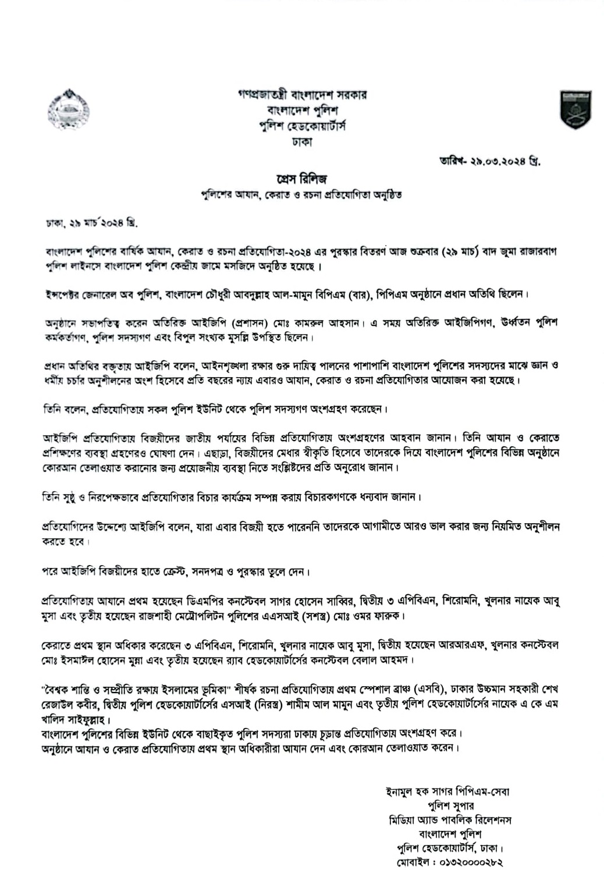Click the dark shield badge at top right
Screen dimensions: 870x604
point(575,109)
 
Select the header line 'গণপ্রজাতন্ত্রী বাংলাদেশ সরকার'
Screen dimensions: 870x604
point(302,94)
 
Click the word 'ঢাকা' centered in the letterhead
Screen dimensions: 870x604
point(302,140)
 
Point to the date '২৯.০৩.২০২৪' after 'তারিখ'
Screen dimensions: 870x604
point(497,159)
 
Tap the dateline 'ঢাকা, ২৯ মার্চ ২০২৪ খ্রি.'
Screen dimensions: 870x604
point(93,223)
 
